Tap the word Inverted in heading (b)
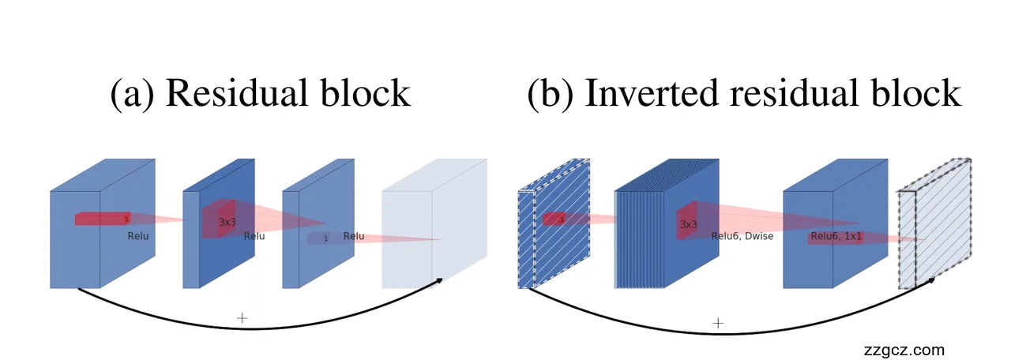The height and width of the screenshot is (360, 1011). tap(641, 94)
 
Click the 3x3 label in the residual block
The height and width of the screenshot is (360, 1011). tap(227, 223)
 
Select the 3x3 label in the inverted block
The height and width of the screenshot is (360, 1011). tap(689, 224)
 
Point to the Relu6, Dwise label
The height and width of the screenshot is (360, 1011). tap(742, 236)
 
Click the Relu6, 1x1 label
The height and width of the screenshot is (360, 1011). tap(836, 236)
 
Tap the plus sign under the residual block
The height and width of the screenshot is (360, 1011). tap(242, 318)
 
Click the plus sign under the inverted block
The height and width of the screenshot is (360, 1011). tap(718, 323)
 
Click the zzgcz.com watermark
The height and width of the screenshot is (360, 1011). tap(904, 350)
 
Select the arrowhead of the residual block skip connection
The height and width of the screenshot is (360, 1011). tap(438, 279)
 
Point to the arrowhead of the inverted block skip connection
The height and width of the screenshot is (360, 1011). tap(932, 279)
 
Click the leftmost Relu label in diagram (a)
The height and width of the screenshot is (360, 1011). tap(138, 236)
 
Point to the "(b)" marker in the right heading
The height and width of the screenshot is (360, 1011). tap(551, 94)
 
